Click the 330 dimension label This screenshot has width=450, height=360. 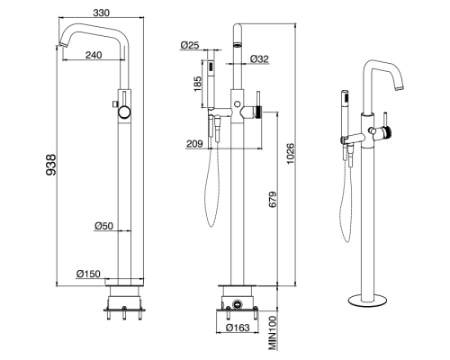coord(102,13)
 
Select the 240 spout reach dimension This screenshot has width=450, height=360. coord(94,55)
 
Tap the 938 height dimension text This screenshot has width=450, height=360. coord(50,165)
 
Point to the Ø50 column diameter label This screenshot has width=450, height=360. coord(103,226)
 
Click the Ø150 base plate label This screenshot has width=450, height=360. coord(88,274)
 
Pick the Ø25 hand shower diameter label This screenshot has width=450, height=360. coord(190,45)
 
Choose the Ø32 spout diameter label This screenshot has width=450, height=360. coord(259,58)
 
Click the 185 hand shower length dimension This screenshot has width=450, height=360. coord(197,84)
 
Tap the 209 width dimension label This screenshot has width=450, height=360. coord(194,144)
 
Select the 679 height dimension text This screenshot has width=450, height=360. coord(273,200)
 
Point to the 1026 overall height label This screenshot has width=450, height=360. coord(291,154)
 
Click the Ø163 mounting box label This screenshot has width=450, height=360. coord(238,328)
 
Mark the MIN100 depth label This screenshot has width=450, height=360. coord(273,333)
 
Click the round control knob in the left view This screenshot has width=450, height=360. coord(124,112)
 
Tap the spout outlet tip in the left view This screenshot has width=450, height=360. coord(62,45)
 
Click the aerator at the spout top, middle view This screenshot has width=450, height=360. coord(238,45)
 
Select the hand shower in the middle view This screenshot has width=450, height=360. coord(211,84)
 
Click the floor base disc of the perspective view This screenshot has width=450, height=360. coord(367,300)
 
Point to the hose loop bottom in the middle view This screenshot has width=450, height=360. coord(211,224)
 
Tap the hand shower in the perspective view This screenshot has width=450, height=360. coord(345,114)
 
